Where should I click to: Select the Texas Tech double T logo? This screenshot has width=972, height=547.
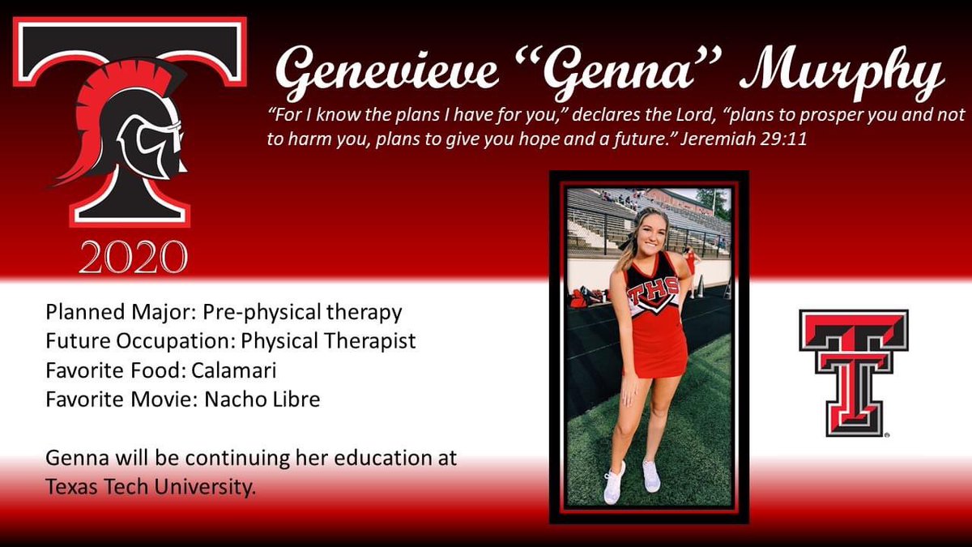(x=854, y=373)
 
